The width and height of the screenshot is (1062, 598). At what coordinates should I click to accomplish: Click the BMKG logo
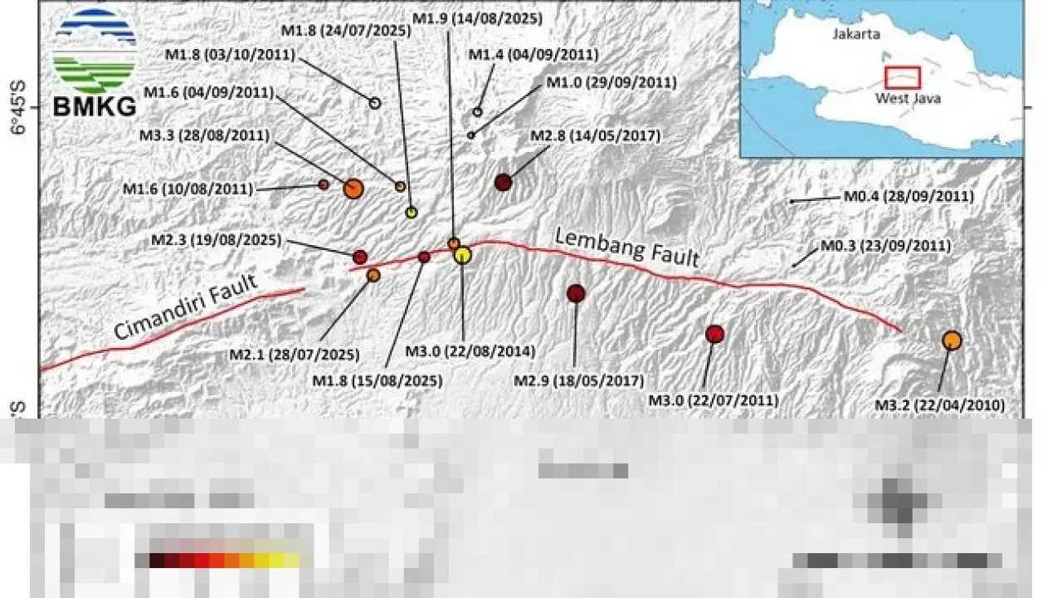point(94,63)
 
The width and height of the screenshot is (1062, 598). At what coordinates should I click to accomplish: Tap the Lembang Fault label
point(627,247)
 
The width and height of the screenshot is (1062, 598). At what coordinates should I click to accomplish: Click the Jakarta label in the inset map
point(855,34)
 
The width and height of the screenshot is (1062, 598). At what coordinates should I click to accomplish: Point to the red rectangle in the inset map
point(903,77)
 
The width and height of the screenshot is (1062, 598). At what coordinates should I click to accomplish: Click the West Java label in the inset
point(908,98)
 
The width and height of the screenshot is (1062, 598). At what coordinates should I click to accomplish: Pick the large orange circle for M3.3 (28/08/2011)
point(353,189)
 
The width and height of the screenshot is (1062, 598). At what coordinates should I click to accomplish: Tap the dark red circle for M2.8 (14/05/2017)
point(503,182)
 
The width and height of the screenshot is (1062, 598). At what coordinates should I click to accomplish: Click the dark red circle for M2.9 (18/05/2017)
point(576,293)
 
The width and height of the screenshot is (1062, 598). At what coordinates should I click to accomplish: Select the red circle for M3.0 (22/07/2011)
point(714,334)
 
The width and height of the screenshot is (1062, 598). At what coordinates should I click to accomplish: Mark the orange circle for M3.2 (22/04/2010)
point(952,340)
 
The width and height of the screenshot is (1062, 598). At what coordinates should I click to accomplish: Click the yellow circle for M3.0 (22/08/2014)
point(463,256)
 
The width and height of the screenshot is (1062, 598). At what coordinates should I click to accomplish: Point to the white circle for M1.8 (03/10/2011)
point(374,103)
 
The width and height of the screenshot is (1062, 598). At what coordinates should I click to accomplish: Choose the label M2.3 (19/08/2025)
point(216,240)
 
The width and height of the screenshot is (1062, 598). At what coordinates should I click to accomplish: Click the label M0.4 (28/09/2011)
point(909,197)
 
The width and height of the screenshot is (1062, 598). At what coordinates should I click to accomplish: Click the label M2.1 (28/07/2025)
point(295,355)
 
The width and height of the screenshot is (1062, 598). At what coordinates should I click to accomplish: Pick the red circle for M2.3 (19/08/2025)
point(360,257)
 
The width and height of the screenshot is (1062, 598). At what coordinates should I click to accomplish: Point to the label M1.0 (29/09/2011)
point(611,83)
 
